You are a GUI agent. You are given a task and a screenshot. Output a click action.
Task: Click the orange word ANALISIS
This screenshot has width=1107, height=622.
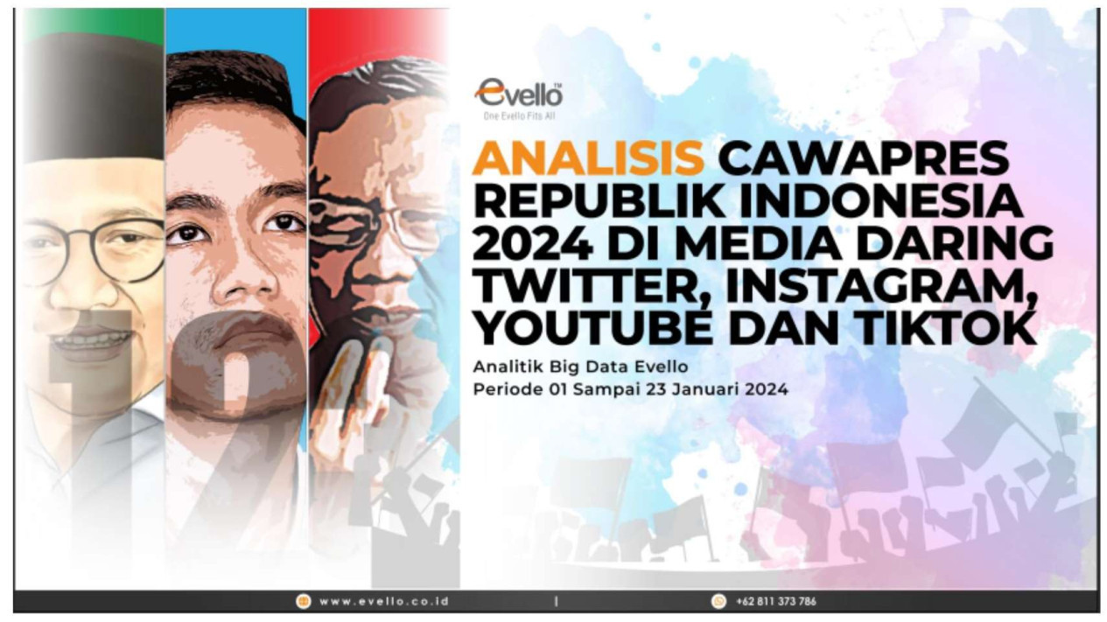588,158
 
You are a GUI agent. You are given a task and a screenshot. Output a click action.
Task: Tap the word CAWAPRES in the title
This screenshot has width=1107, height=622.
864,158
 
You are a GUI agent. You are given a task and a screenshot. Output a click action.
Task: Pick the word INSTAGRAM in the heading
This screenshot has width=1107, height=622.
880,287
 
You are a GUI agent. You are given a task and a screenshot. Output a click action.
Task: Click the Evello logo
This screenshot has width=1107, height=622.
519,93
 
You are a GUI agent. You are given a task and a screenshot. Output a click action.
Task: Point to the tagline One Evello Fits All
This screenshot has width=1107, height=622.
519,116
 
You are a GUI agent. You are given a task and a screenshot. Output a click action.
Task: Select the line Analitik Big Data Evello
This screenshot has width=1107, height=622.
580,367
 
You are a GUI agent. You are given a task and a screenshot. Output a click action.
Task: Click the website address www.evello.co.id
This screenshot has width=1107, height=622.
384,601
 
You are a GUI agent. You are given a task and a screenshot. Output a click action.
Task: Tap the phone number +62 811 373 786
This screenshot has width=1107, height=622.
775,601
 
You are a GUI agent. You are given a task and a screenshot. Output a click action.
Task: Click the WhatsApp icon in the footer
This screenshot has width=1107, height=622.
718,601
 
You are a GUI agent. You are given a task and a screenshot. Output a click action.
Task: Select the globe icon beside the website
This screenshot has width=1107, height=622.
303,601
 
